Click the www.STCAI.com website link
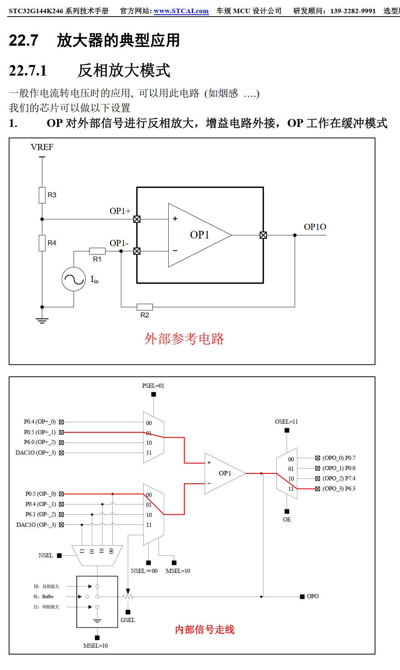[x=181, y=11]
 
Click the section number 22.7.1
[x=28, y=71]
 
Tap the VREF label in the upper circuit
[x=42, y=147]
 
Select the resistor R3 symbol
[x=42, y=195]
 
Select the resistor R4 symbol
[x=42, y=243]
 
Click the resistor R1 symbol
[x=97, y=251]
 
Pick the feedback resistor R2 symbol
[x=145, y=307]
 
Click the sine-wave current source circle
[x=74, y=279]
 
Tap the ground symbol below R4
[x=42, y=320]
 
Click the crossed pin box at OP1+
[x=137, y=219]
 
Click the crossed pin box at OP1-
[x=137, y=251]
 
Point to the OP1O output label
[x=315, y=227]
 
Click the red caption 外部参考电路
[x=184, y=339]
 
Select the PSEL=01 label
[x=153, y=386]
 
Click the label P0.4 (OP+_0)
[x=40, y=422]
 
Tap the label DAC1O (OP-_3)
[x=36, y=525]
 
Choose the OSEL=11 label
[x=286, y=422]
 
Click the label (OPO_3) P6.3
[x=339, y=489]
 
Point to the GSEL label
[x=128, y=620]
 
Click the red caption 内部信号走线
[x=205, y=630]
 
